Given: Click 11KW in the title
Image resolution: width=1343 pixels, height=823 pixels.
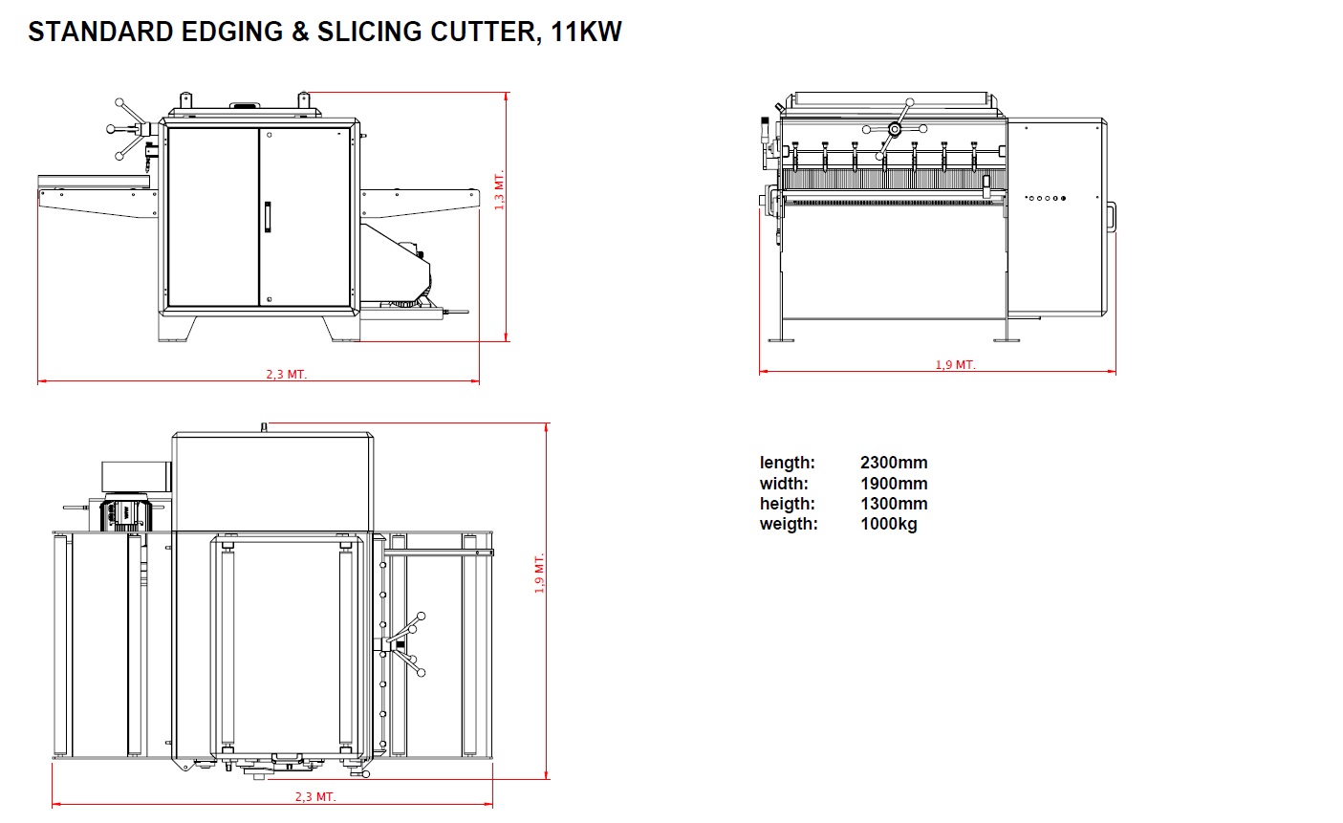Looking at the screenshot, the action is click(586, 32).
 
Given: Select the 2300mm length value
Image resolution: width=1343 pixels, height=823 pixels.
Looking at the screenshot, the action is click(894, 463).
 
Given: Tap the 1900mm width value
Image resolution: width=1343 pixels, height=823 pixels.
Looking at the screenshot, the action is click(894, 483).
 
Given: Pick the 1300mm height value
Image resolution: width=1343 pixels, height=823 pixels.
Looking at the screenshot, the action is click(894, 504).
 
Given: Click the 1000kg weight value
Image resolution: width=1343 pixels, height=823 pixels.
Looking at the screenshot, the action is click(889, 524).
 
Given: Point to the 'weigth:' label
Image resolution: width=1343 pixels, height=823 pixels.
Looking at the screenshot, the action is click(789, 525).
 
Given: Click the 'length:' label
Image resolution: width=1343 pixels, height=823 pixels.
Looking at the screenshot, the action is click(788, 464).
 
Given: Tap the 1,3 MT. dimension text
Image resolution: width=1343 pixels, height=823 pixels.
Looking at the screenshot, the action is click(499, 190).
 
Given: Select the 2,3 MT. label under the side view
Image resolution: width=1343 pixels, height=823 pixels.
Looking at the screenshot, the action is click(286, 375).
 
